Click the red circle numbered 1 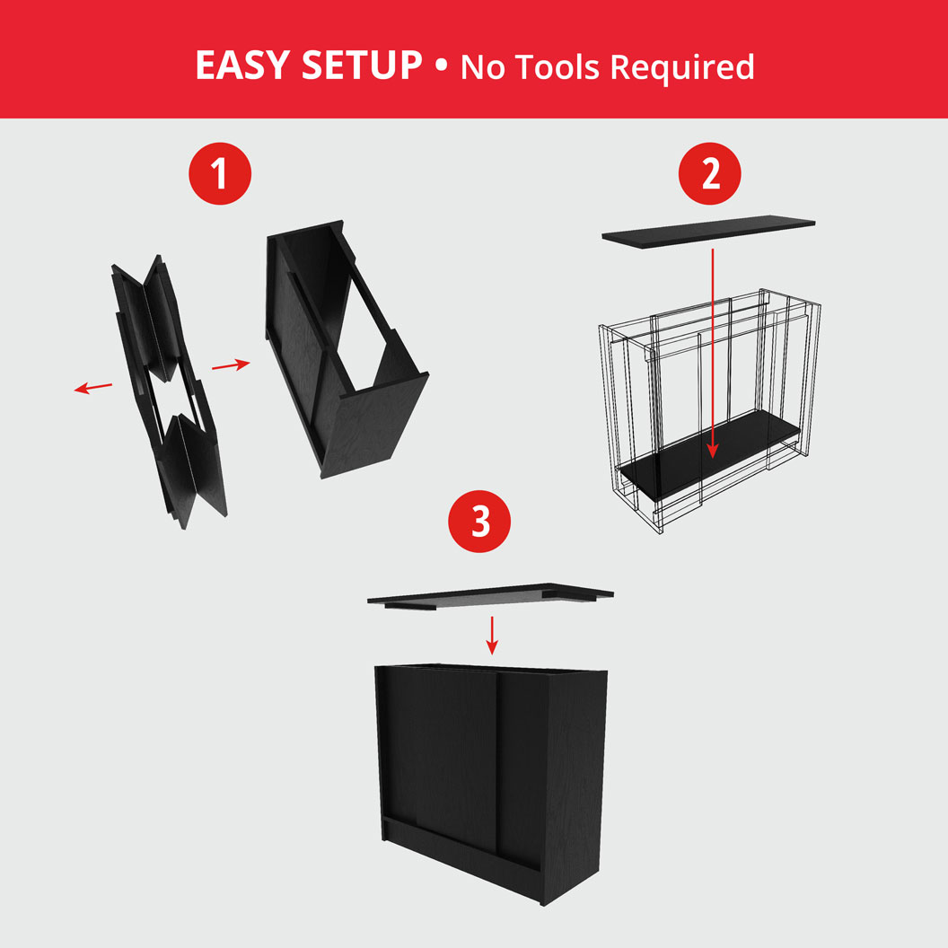coord(220,174)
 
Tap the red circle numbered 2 coord(710,174)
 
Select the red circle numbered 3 coord(481,522)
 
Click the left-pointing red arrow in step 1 coord(93,387)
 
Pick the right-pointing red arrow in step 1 coord(231,364)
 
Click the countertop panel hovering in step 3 coord(490,594)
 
